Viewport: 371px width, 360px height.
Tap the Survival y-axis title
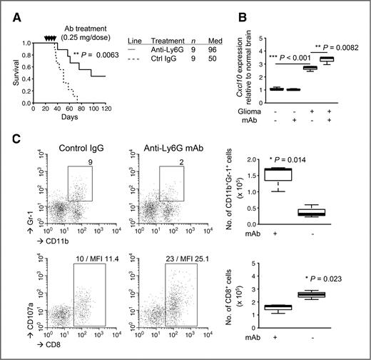[11, 74]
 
